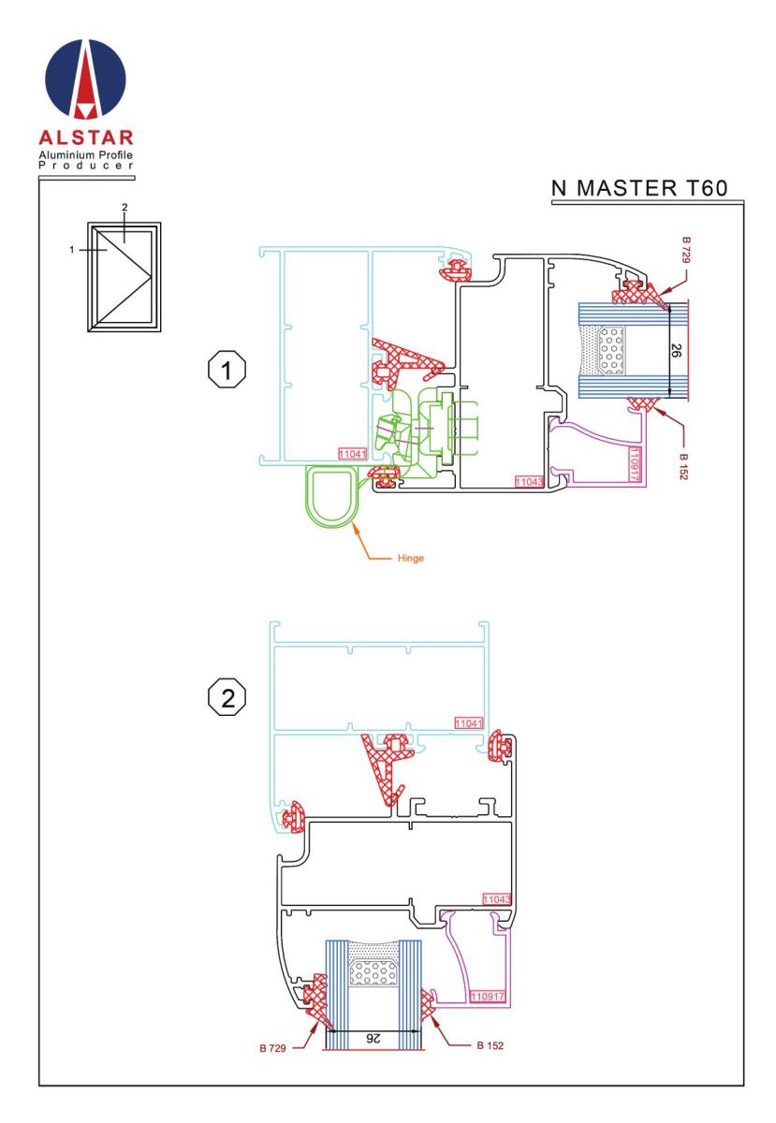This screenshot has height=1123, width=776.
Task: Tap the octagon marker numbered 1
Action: (x=225, y=372)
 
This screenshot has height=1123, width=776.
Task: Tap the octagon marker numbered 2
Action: (x=225, y=697)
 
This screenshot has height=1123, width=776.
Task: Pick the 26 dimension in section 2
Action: (x=372, y=1038)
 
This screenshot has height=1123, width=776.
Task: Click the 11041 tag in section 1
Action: (x=351, y=453)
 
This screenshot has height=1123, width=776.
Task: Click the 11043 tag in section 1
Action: (x=529, y=481)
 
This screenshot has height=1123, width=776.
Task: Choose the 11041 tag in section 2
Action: (x=468, y=723)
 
